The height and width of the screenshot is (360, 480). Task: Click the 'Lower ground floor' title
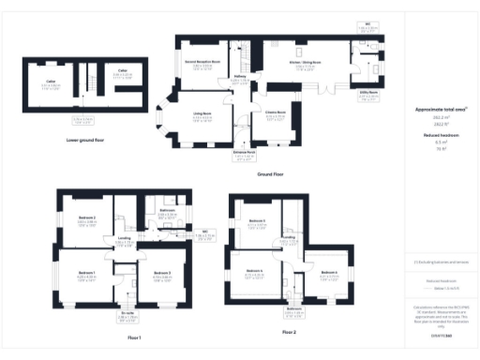coord(85,140)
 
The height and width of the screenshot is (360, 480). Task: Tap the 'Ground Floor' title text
coord(271,173)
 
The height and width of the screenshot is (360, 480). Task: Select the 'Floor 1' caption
coord(135,336)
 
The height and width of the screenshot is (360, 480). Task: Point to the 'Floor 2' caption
coord(288,332)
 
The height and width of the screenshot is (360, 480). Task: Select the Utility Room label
coord(368,92)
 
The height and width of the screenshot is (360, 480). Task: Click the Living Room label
coord(202,114)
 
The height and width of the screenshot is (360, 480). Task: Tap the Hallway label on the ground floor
coord(240,78)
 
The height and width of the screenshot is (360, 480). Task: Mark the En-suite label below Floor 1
coord(127,315)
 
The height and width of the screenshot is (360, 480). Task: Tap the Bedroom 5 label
coord(256,221)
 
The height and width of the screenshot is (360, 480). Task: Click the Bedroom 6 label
coord(254,271)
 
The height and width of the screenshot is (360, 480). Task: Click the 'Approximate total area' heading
coord(441,110)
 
